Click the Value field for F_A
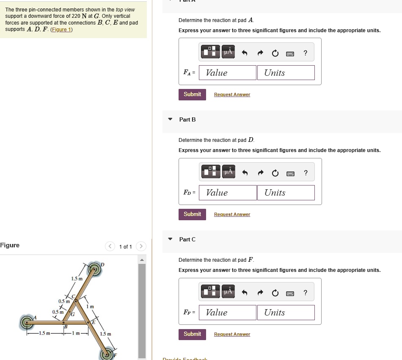point(228,73)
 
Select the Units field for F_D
point(286,193)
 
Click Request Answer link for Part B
point(232,214)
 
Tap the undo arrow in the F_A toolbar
point(244,53)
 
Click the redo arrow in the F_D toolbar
point(260,172)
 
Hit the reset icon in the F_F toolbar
point(275,292)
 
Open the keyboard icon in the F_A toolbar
point(290,53)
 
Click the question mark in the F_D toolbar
point(306,172)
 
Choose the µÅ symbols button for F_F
point(228,292)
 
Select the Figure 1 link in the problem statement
point(62,29)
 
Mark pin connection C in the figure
point(76,301)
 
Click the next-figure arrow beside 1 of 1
point(141,246)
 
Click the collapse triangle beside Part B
point(170,119)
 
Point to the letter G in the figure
point(72,314)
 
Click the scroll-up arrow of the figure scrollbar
point(142,260)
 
